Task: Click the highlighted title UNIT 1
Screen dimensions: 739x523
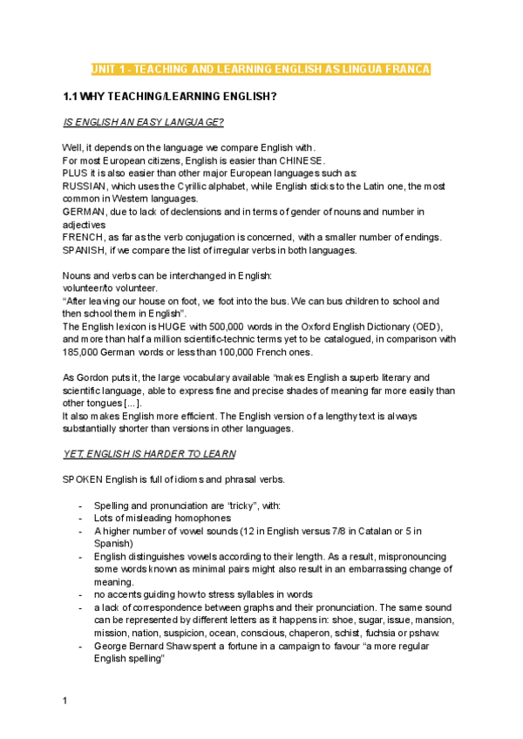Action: pos(261,69)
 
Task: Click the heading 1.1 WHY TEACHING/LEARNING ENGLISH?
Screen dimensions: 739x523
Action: pos(170,96)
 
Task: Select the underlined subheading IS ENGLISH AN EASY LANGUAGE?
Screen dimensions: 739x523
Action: pos(137,122)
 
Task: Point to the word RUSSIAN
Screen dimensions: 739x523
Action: pos(85,186)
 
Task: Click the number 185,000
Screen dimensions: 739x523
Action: pos(83,352)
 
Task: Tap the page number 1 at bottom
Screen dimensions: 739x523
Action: pos(65,700)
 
